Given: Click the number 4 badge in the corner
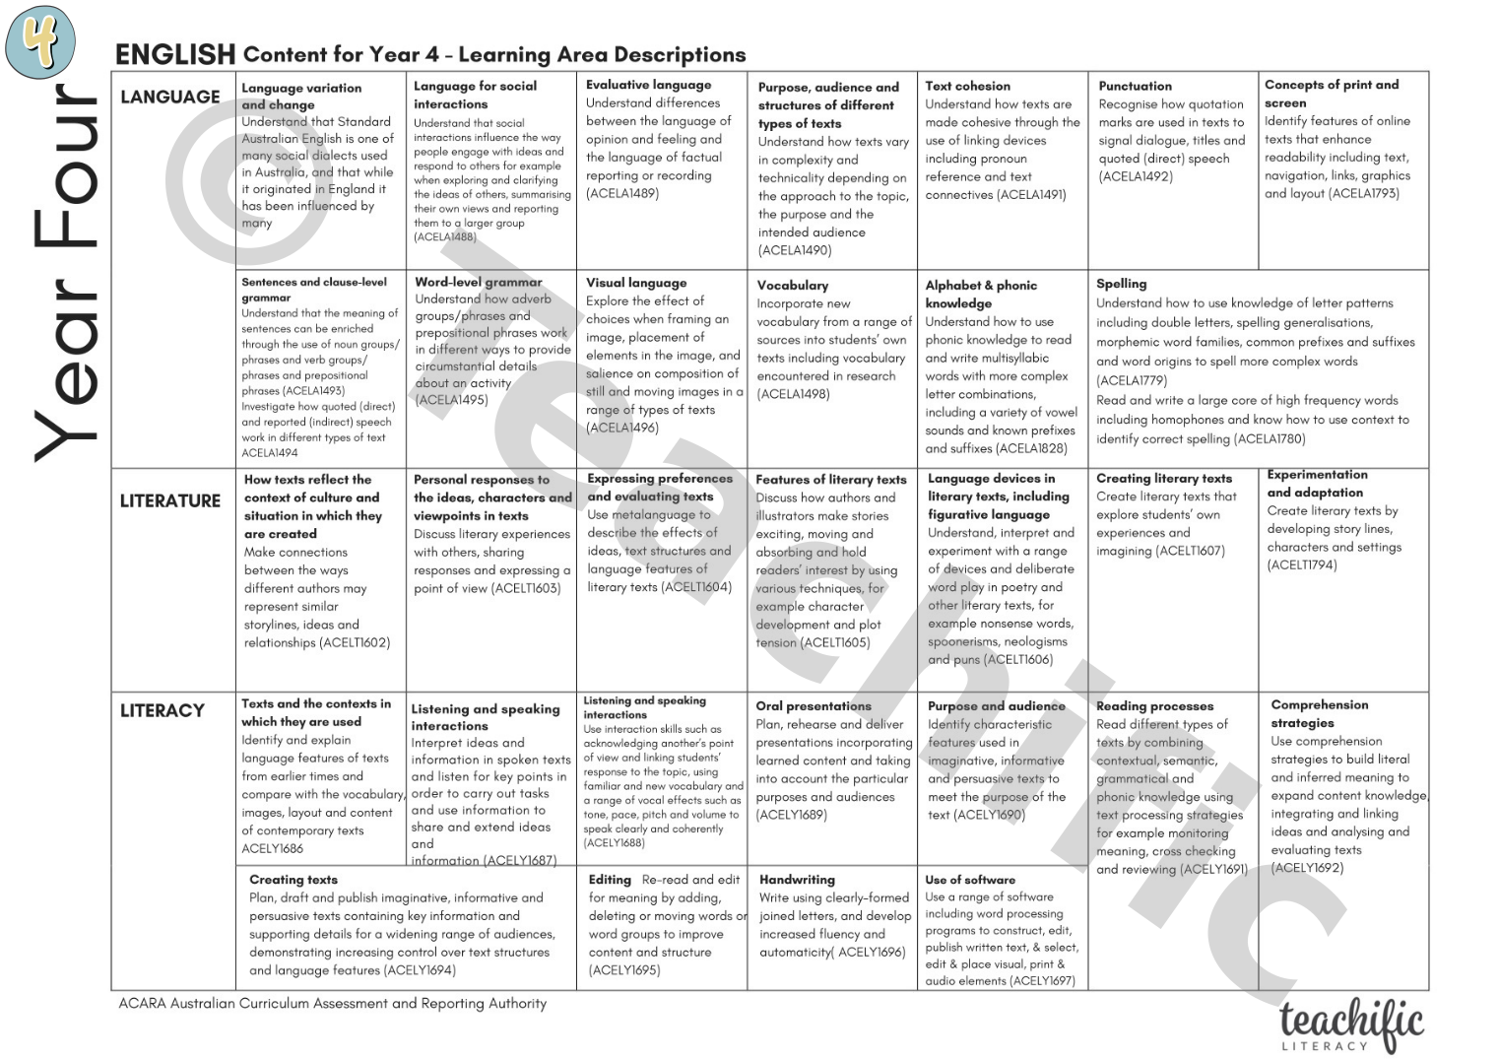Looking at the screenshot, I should click(x=40, y=41).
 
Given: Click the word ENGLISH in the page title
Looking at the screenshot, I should click(x=174, y=54).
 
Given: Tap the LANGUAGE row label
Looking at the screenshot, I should click(x=169, y=97).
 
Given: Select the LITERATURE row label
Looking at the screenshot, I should click(x=169, y=500).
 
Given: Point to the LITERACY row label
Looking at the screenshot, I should click(x=162, y=710).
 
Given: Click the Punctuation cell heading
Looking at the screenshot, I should click(x=1135, y=86).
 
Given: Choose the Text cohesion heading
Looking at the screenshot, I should click(x=967, y=86).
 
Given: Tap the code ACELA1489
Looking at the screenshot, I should click(x=622, y=194).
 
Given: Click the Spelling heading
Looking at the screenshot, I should click(x=1121, y=284).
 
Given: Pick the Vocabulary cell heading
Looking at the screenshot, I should click(x=792, y=285).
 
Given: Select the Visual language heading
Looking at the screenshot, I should click(x=636, y=283).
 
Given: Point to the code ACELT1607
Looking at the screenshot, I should click(x=1190, y=551).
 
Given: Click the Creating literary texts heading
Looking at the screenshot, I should click(x=1163, y=478).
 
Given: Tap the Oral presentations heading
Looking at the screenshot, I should click(x=813, y=705).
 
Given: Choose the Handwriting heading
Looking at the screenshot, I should click(x=797, y=879).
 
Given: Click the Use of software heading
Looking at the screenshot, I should click(x=969, y=879).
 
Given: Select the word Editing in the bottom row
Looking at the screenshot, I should click(x=610, y=879).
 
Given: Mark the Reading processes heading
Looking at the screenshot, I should click(x=1154, y=705).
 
